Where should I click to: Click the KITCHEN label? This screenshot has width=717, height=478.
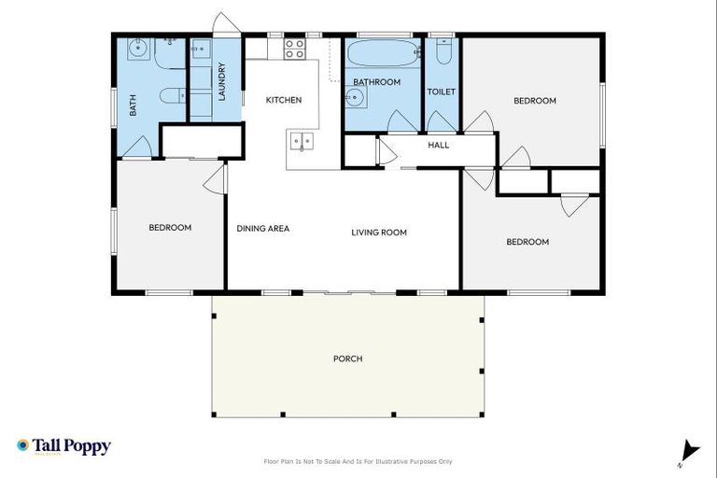tap(284, 100)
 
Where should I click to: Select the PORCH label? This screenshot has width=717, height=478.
tap(347, 358)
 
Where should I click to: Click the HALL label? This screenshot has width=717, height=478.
tap(438, 145)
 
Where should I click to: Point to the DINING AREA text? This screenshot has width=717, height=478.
tap(262, 228)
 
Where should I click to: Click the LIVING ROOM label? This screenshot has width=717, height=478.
tap(379, 232)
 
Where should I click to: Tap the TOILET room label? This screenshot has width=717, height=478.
tap(441, 91)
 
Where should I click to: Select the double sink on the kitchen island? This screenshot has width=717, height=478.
tap(301, 142)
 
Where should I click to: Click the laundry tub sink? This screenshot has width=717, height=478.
tap(202, 52)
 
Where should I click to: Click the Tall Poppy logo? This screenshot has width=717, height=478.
tap(63, 446)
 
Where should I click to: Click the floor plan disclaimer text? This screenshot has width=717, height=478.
tap(358, 461)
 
